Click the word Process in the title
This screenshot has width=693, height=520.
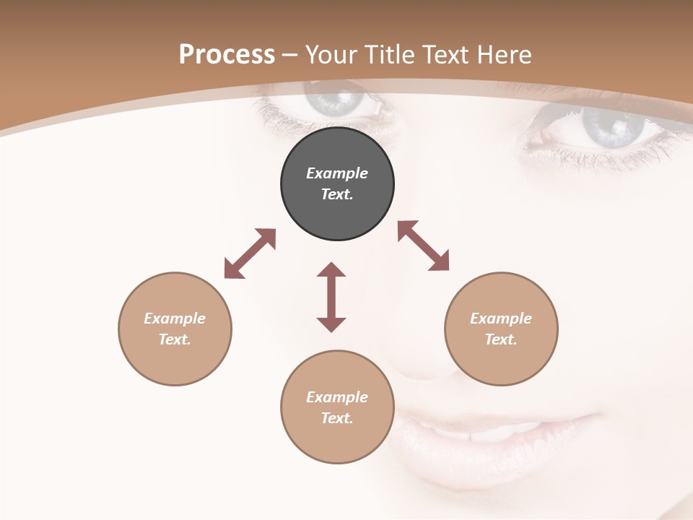pyautogui.click(x=227, y=55)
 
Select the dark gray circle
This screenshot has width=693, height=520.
pyautogui.click(x=337, y=184)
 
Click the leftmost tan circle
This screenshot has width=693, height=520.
pyautogui.click(x=175, y=329)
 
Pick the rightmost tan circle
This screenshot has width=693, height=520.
pyautogui.click(x=501, y=329)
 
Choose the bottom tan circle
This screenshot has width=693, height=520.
pyautogui.click(x=337, y=407)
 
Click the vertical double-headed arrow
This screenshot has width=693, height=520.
pyautogui.click(x=331, y=297)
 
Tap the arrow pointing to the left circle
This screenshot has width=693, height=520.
pyautogui.click(x=250, y=253)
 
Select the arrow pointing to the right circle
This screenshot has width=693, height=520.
pyautogui.click(x=424, y=246)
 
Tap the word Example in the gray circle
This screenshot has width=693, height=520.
pyautogui.click(x=337, y=173)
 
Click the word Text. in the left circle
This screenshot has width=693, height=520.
pyautogui.click(x=175, y=339)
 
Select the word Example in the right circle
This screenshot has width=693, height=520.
pyautogui.click(x=501, y=318)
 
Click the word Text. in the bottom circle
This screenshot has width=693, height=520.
pyautogui.click(x=337, y=418)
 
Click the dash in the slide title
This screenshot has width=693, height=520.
pyautogui.click(x=290, y=56)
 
